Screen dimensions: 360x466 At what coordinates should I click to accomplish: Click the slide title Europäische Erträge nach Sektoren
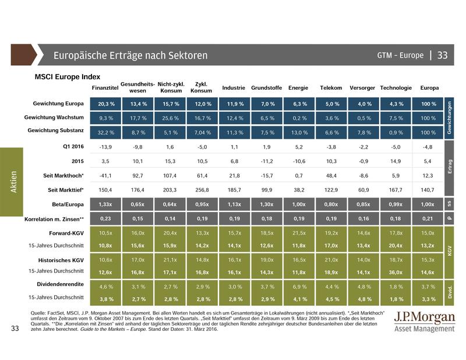[x=130, y=56]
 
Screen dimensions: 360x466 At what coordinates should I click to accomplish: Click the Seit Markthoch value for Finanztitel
[x=105, y=175]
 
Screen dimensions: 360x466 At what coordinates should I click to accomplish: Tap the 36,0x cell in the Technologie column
[x=396, y=271]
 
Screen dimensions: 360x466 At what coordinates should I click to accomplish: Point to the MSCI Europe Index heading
[x=68, y=76]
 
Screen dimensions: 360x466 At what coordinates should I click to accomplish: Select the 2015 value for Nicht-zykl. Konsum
[x=170, y=160]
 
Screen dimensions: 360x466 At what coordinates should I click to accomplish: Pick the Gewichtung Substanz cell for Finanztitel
[x=105, y=132]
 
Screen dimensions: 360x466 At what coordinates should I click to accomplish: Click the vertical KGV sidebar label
[x=449, y=251]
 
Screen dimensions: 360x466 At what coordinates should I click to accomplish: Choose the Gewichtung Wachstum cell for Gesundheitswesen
[x=138, y=118]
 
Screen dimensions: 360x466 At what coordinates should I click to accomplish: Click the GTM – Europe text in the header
[x=400, y=56]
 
